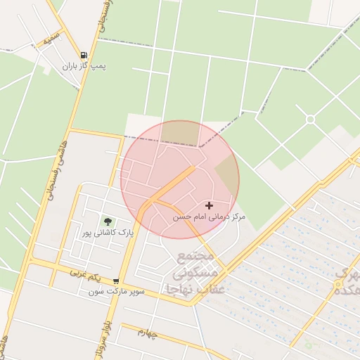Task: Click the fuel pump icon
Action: pos(84,55)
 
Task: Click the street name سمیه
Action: pos(48,41)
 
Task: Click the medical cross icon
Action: pos(209,205)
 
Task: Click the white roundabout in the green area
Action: pos(310,119)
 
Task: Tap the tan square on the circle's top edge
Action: pos(179,131)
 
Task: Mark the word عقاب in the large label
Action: pos(210,289)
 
